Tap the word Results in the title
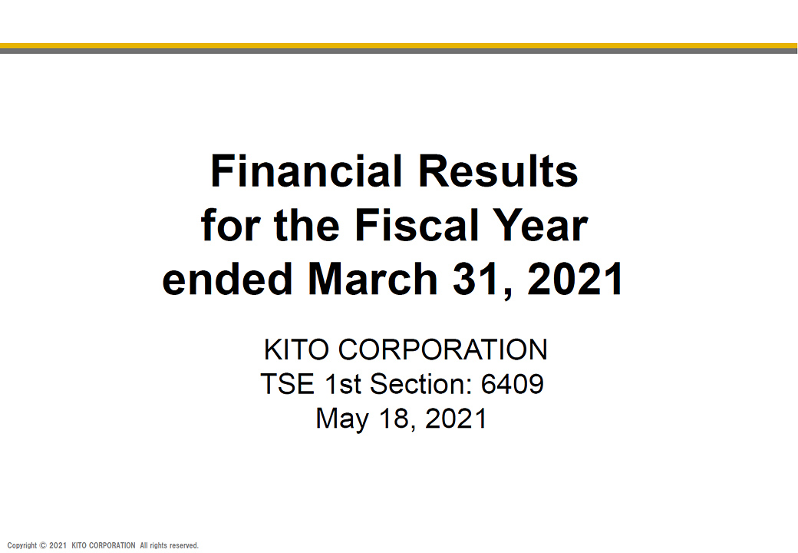[x=498, y=171]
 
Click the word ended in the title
[x=227, y=279]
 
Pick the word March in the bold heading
[x=373, y=279]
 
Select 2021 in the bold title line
[x=575, y=279]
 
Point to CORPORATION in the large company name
[x=443, y=349]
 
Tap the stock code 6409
[x=513, y=384]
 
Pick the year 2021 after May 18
[x=456, y=419]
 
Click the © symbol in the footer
[x=43, y=545]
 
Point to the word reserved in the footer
[x=185, y=545]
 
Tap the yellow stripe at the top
[x=399, y=46]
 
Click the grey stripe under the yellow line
[x=399, y=51]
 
